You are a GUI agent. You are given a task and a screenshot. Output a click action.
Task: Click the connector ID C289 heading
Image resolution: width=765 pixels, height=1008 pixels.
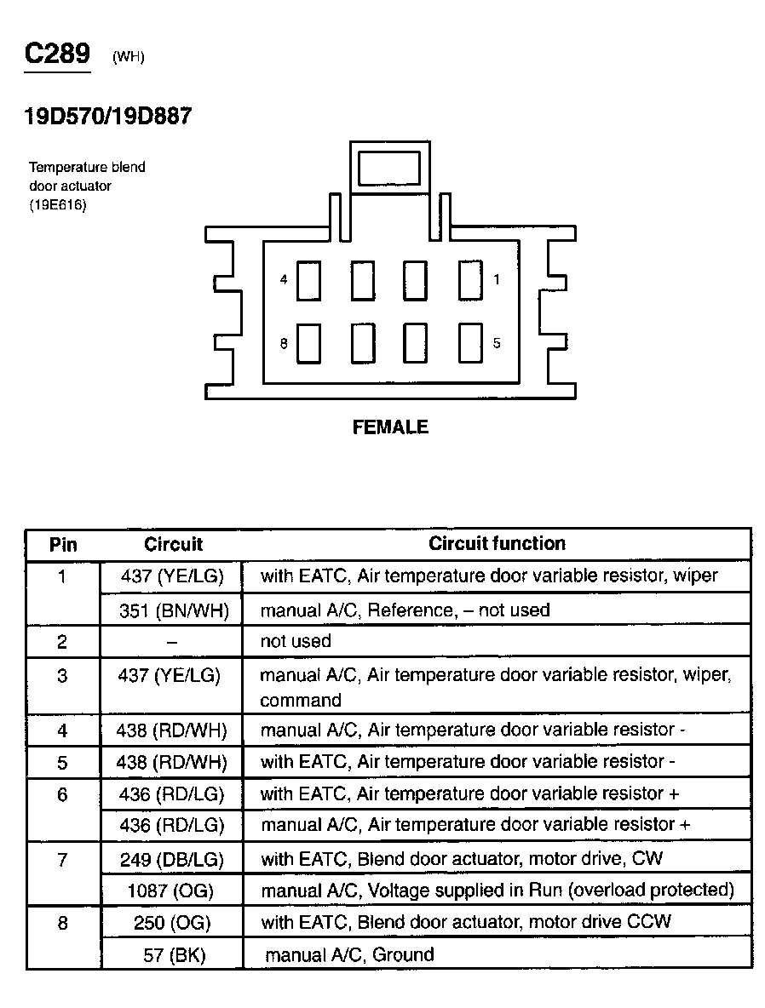57,54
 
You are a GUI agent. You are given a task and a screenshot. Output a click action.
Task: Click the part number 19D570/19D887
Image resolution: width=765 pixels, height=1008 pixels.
108,117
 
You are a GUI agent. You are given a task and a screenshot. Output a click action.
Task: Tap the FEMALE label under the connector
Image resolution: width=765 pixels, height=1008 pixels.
390,427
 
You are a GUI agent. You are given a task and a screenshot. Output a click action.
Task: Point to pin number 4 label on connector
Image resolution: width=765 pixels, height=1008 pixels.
284,279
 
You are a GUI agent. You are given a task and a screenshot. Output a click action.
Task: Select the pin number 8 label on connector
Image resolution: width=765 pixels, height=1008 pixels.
284,344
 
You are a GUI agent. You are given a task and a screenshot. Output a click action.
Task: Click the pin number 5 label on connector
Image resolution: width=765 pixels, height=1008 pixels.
497,343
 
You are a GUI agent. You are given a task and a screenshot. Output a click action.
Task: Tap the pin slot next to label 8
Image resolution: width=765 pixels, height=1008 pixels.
308,343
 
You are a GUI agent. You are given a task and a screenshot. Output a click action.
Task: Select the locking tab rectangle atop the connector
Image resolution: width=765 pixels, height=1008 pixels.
389,169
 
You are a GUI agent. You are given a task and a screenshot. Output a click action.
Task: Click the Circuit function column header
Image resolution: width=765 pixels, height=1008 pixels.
497,543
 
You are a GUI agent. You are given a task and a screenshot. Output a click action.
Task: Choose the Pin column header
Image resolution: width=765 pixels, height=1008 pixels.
63,544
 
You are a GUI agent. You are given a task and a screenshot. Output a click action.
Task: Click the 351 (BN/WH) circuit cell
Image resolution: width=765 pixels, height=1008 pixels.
172,610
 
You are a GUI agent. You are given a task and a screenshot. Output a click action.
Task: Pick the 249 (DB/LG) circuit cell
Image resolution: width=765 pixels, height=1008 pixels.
172,859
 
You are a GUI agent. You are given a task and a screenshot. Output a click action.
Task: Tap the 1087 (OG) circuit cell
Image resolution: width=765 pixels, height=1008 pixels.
172,891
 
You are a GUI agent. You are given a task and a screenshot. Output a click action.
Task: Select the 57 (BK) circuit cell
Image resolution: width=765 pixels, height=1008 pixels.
172,954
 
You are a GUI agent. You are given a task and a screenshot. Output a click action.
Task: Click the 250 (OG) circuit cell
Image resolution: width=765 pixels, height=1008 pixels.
172,922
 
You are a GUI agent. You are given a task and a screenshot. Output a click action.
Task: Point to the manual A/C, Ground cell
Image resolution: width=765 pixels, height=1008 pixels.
348,954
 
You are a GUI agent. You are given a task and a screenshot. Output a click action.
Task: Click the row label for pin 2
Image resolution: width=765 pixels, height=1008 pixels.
62,641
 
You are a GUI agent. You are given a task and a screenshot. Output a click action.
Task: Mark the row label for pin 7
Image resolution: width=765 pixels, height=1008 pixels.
62,859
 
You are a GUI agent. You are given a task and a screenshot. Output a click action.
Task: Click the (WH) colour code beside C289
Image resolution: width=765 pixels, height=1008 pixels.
128,58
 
